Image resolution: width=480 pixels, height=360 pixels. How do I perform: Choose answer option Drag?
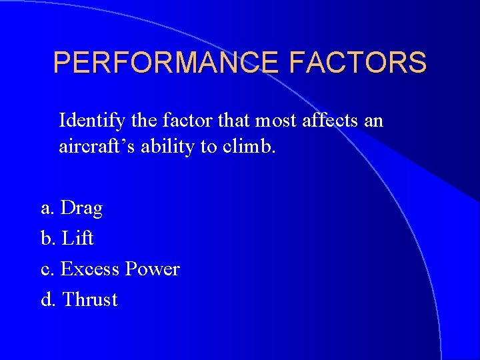click(x=81, y=209)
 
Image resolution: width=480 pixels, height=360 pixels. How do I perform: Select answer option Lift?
click(x=77, y=239)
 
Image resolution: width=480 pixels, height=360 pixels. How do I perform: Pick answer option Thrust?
click(x=89, y=300)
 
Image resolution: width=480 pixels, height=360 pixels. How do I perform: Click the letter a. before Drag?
click(x=47, y=209)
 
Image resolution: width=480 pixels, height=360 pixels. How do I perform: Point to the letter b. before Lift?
click(x=48, y=239)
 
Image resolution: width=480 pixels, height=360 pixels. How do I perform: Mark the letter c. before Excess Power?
click(x=47, y=269)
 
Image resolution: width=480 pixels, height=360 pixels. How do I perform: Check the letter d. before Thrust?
click(x=48, y=300)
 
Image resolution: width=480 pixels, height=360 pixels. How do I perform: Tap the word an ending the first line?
click(x=375, y=121)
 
